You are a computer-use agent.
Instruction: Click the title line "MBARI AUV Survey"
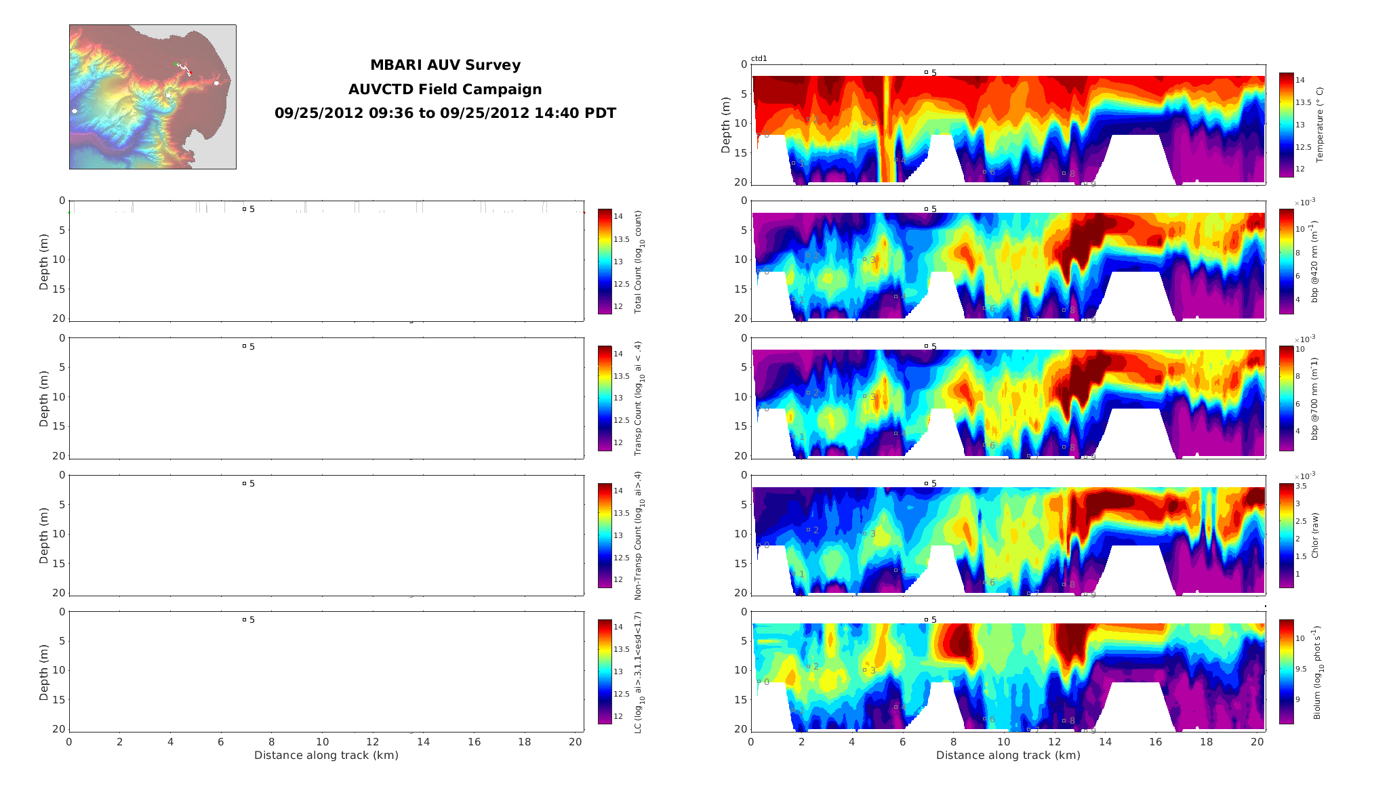click(445, 66)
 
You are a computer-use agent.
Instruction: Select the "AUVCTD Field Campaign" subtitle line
click(445, 89)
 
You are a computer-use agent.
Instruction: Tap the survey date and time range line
click(445, 113)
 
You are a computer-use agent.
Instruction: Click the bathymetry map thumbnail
click(153, 97)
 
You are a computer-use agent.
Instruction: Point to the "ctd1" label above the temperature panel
click(759, 59)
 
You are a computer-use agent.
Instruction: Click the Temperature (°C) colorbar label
click(1319, 125)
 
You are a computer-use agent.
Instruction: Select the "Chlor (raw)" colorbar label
click(1315, 535)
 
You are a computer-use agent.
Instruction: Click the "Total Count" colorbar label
click(638, 262)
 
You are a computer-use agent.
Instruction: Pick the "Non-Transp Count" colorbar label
click(638, 535)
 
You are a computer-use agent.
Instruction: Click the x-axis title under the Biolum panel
click(1008, 756)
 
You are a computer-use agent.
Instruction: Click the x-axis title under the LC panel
click(326, 756)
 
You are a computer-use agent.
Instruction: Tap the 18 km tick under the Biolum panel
click(1207, 742)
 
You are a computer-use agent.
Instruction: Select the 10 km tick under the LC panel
click(322, 742)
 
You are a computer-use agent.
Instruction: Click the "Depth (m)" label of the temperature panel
click(725, 125)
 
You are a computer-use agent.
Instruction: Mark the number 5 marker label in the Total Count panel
click(252, 209)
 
